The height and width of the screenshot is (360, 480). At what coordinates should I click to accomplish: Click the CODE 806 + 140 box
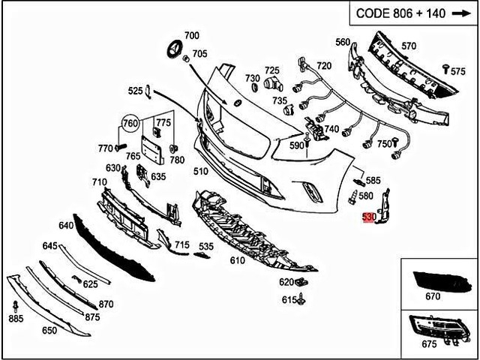point(411,13)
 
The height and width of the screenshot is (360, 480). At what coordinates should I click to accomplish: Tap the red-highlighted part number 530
point(368,217)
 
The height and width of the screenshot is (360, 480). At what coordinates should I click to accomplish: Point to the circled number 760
point(130,123)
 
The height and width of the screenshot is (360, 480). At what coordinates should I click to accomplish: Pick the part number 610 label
point(238,260)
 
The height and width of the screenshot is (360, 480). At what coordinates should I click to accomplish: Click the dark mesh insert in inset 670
point(435,280)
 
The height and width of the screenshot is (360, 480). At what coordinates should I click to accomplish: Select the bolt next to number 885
point(16,307)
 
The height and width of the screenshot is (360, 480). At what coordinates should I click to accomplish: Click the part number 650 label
point(49,330)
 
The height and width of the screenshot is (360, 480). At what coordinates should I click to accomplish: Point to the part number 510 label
point(200,171)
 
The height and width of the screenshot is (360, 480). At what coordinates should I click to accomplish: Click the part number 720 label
point(323,66)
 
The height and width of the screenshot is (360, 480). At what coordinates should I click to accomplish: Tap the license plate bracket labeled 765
point(152,145)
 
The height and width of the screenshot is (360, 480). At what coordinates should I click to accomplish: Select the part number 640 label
point(66,225)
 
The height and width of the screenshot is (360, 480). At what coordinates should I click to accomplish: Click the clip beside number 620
point(302,283)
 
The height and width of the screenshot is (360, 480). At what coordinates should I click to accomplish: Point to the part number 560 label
point(343,42)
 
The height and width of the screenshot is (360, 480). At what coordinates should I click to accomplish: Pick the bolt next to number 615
point(301,300)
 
